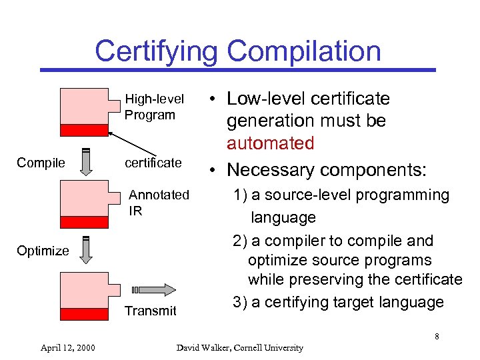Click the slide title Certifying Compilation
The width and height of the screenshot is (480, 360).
point(237,51)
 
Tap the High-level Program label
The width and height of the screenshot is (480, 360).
point(154,107)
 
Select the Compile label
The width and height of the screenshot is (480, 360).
point(41,163)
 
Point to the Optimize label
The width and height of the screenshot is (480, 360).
point(43,251)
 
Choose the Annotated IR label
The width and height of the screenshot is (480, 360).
point(159,203)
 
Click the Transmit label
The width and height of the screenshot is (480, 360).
point(151,311)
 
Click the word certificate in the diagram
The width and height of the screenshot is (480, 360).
point(153,163)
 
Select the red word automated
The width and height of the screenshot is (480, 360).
point(270,143)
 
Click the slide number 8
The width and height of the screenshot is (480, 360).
point(437,336)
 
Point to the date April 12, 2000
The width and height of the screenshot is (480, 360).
point(67,347)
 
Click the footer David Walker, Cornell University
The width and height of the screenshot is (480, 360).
point(239,347)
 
